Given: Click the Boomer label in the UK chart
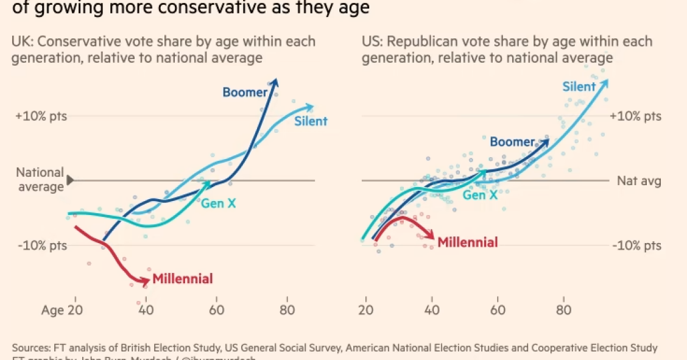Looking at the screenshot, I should (245, 93).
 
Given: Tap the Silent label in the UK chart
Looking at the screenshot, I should (311, 121).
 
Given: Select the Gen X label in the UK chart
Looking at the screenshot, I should (218, 203).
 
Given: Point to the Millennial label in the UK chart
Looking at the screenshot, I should (183, 279).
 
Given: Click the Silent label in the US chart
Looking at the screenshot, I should (579, 86).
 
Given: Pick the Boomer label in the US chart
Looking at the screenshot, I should (512, 142).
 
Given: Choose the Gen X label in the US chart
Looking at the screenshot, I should (480, 195).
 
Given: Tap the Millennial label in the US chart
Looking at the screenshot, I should (468, 242).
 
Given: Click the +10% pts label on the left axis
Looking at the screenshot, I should (41, 116).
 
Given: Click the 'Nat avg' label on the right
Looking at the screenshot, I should (638, 180).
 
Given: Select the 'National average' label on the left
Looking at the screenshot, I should (40, 180).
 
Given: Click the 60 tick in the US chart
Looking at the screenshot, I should (498, 309).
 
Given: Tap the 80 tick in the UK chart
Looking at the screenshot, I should (287, 309).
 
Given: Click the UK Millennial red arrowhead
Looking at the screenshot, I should (146, 281).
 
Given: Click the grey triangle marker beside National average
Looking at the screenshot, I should (70, 180).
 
